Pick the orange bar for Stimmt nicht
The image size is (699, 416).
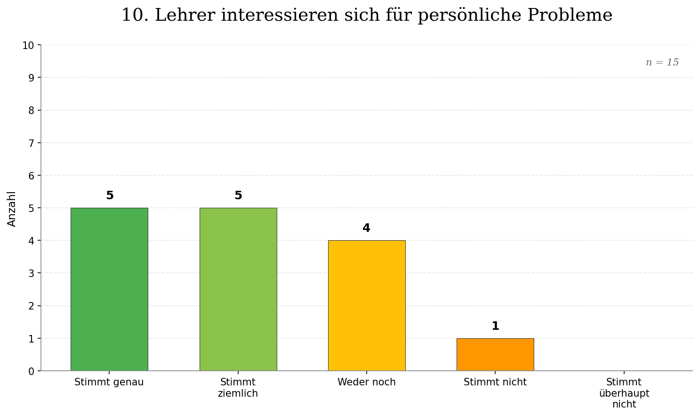pos(495,354)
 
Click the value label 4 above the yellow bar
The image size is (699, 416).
pos(366,228)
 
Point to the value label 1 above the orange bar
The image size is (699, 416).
pos(495,326)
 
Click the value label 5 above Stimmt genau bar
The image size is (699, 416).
pos(110,196)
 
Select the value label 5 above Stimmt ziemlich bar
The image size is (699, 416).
pos(238,196)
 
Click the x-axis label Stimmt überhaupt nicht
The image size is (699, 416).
pos(624,393)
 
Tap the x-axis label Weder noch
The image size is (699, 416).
pos(366,382)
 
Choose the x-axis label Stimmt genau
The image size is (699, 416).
pos(109,382)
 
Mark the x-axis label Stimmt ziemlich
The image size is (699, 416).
pos(238,388)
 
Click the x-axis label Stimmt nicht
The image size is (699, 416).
pos(495,382)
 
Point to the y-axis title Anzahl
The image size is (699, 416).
pos(12,208)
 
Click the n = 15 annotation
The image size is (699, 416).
pos(662,63)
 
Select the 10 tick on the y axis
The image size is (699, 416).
pos(28,45)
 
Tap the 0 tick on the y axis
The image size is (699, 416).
pos(31,371)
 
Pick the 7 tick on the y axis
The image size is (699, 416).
pos(31,143)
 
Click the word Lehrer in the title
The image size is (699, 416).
pos(185,15)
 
